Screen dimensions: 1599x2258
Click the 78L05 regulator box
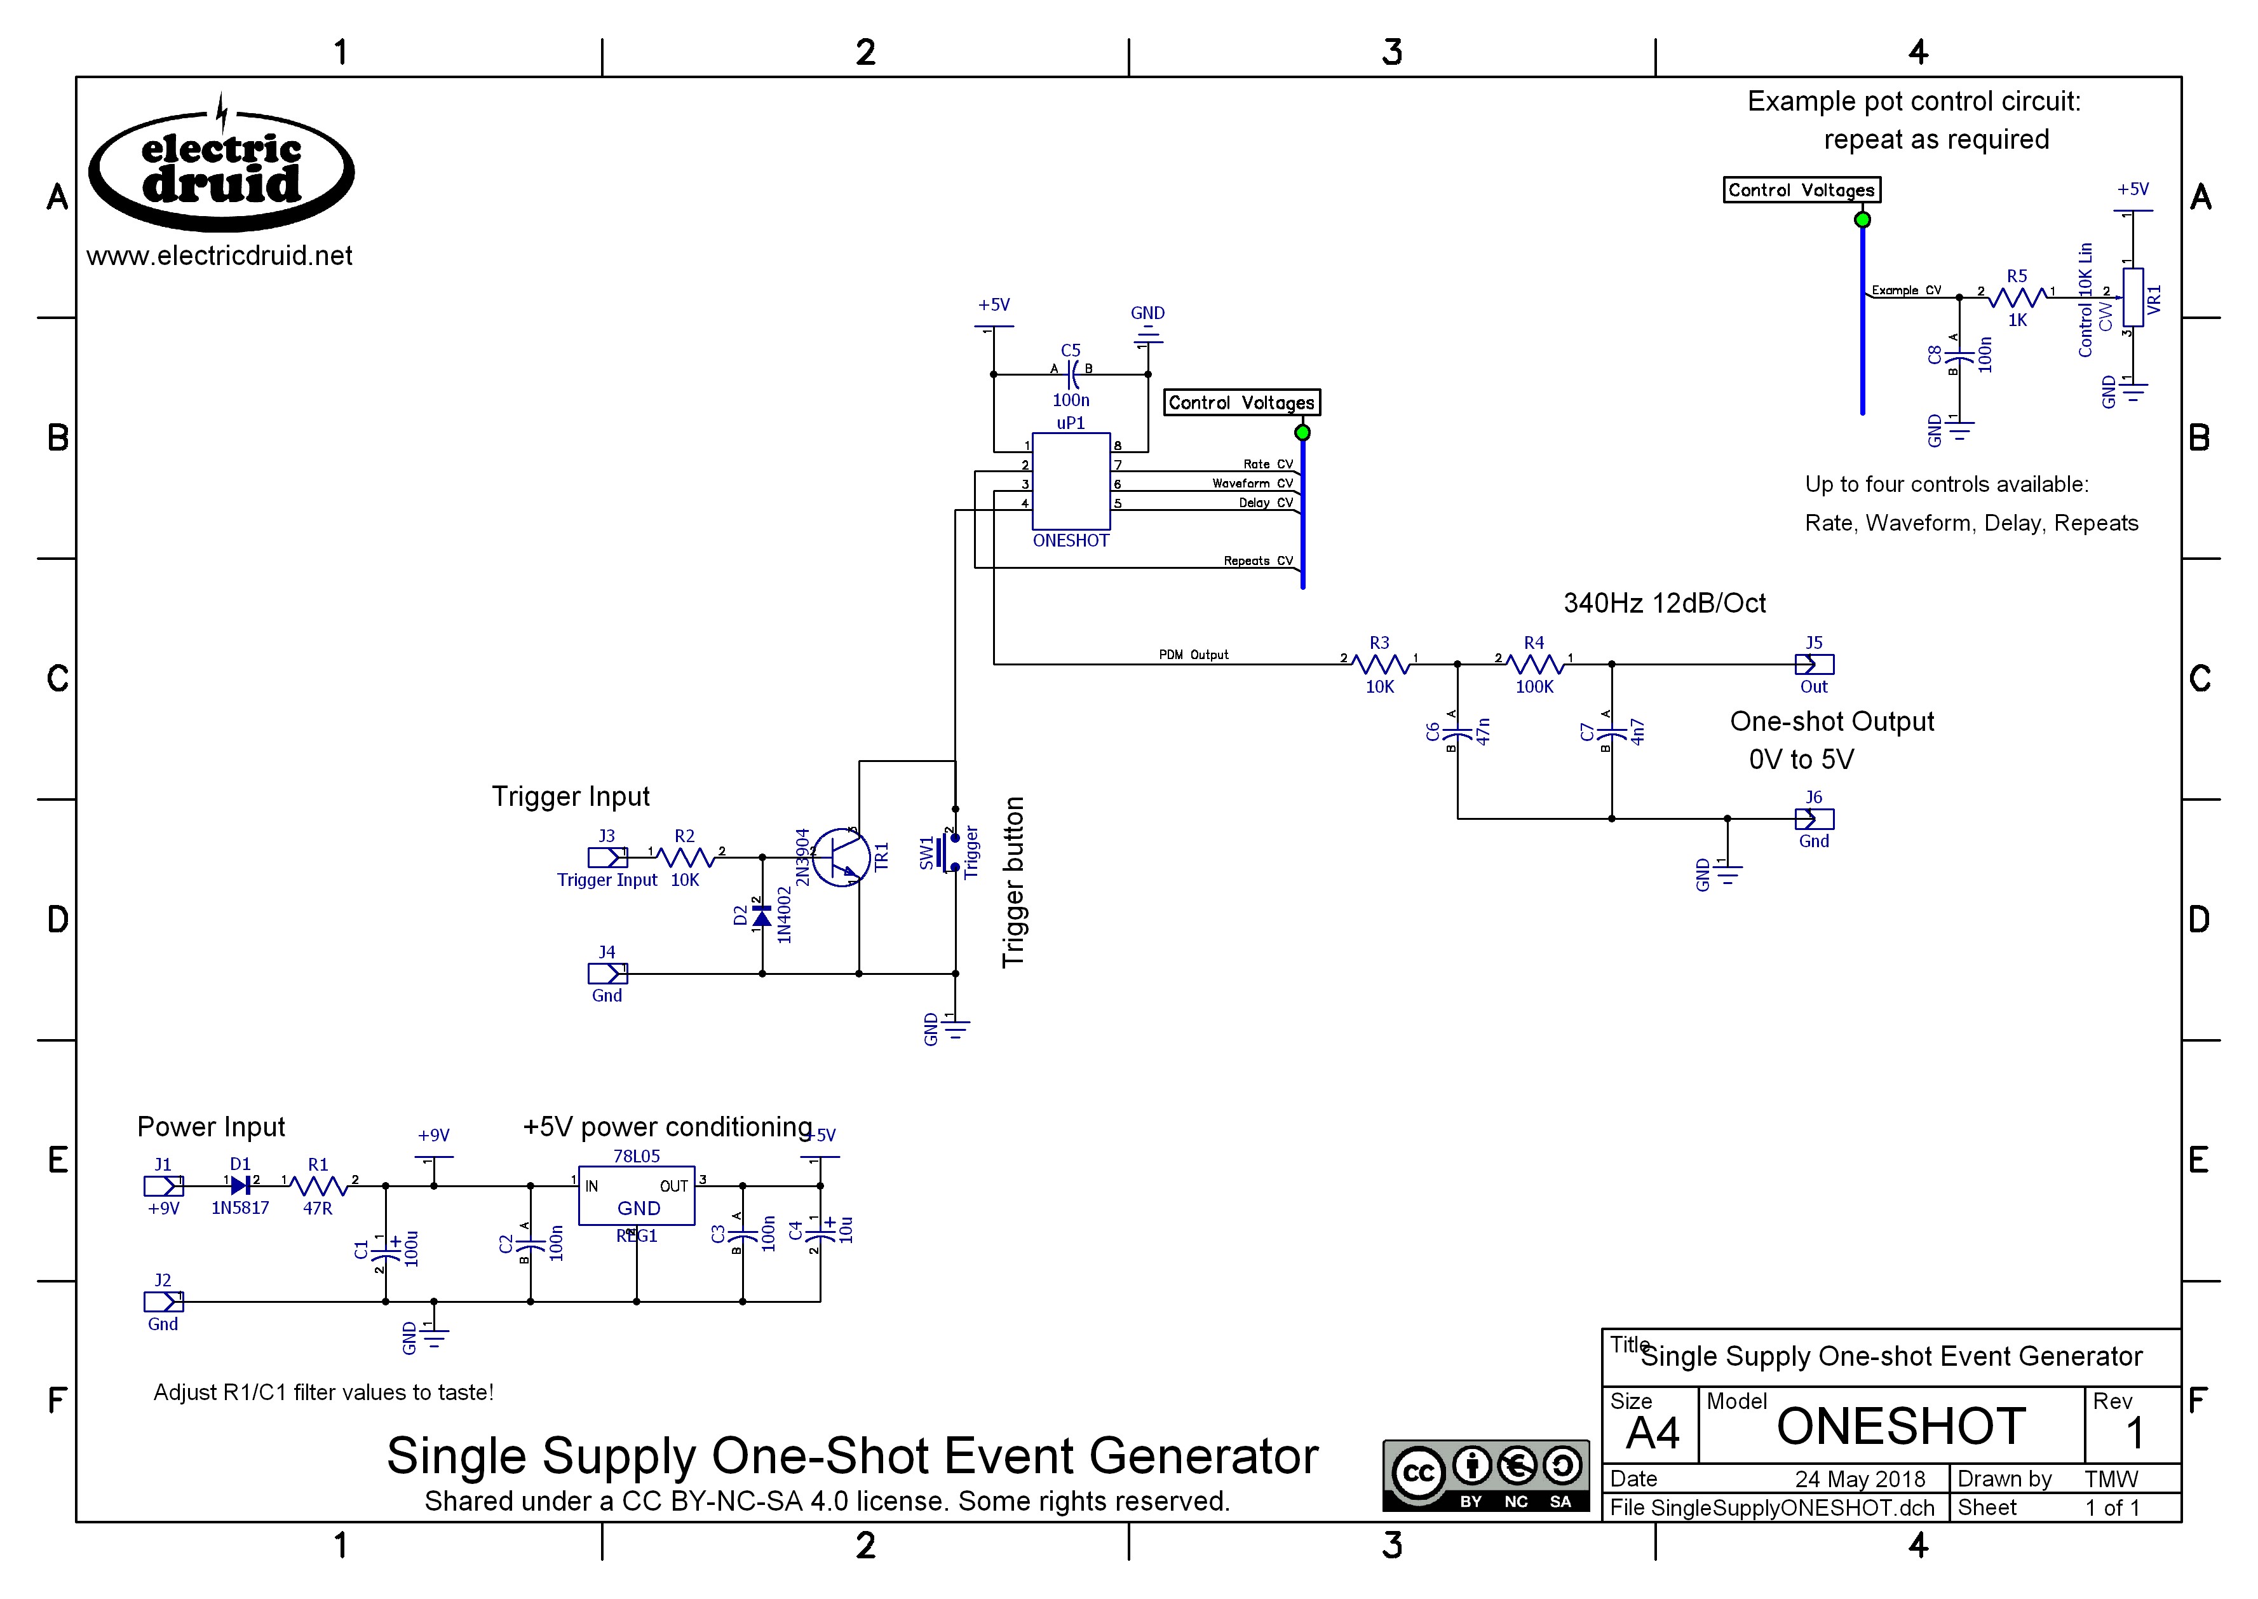[x=636, y=1195]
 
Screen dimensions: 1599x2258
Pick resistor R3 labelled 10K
[x=1379, y=665]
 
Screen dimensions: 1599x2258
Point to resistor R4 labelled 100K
[x=1534, y=665]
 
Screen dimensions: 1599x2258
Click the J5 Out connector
[x=1814, y=665]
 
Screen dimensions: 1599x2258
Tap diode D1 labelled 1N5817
[x=239, y=1187]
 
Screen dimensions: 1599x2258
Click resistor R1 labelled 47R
[x=318, y=1187]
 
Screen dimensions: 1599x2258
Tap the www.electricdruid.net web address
[x=219, y=256]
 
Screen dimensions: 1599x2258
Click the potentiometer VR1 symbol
[x=2132, y=296]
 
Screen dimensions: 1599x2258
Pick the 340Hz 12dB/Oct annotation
[x=1665, y=604]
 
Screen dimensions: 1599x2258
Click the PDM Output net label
[x=1193, y=655]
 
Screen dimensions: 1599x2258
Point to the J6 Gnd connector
[x=1814, y=819]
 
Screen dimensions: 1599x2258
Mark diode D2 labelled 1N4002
[x=762, y=916]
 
